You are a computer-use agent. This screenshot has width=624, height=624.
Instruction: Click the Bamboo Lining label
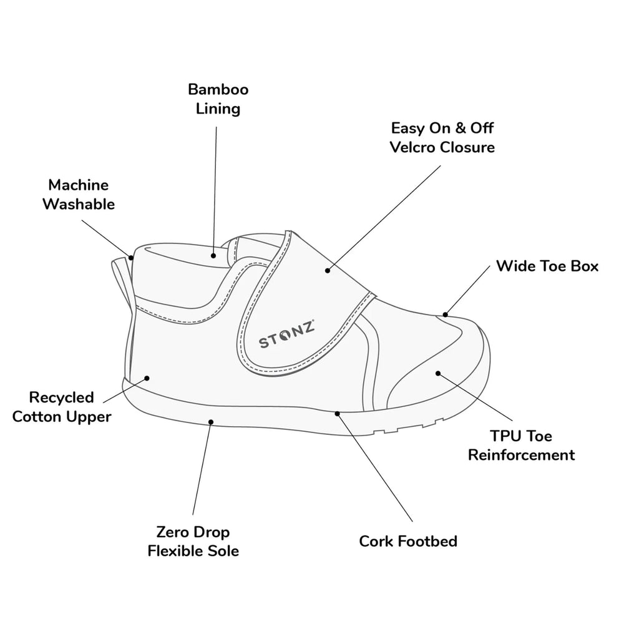[218, 99]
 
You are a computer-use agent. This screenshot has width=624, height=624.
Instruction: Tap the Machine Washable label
[79, 195]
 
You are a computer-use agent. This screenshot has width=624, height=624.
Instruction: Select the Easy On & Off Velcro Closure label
[442, 138]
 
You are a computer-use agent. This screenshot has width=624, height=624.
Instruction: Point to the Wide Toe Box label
[547, 266]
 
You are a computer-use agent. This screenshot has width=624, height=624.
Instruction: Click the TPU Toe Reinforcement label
[521, 446]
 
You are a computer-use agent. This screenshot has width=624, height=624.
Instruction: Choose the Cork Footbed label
[408, 541]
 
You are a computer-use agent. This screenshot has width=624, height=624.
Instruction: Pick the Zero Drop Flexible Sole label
[193, 541]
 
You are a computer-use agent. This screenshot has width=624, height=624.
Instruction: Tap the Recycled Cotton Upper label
[62, 407]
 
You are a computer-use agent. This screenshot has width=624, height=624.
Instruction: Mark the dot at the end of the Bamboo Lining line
[213, 256]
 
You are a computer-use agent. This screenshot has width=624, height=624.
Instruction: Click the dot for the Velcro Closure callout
[328, 271]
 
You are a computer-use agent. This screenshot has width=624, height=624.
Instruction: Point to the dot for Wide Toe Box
[446, 314]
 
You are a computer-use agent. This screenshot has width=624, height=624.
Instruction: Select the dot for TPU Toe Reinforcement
[438, 373]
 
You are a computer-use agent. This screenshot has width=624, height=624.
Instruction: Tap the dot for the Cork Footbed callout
[337, 414]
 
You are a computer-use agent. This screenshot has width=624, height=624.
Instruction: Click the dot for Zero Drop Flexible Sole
[211, 422]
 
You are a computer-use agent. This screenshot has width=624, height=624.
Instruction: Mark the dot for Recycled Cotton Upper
[147, 378]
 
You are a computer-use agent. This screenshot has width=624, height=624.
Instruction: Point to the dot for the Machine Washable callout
[131, 258]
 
